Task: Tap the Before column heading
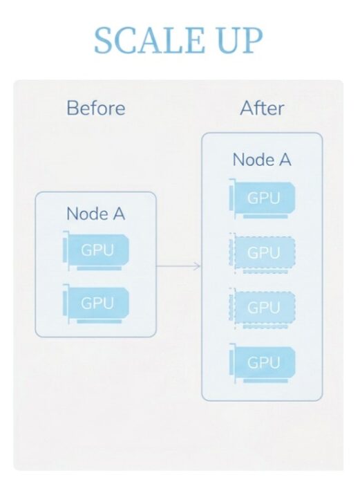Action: point(96,108)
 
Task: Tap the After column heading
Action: point(262,108)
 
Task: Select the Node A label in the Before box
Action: point(95,214)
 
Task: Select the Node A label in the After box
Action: point(262,160)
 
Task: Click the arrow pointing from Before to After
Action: point(178,266)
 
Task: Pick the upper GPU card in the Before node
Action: point(96,250)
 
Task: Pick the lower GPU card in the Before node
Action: point(96,304)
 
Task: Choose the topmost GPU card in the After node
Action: point(262,199)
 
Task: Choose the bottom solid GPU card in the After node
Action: point(262,363)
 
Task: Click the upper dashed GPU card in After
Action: point(262,254)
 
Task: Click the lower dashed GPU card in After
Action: point(262,308)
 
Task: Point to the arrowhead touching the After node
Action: point(198,266)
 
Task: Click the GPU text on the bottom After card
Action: point(263,363)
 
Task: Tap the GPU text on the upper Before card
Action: point(97,250)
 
